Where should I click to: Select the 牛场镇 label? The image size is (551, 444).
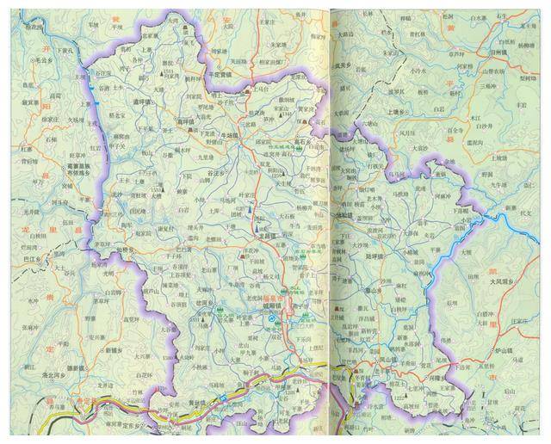232,134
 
